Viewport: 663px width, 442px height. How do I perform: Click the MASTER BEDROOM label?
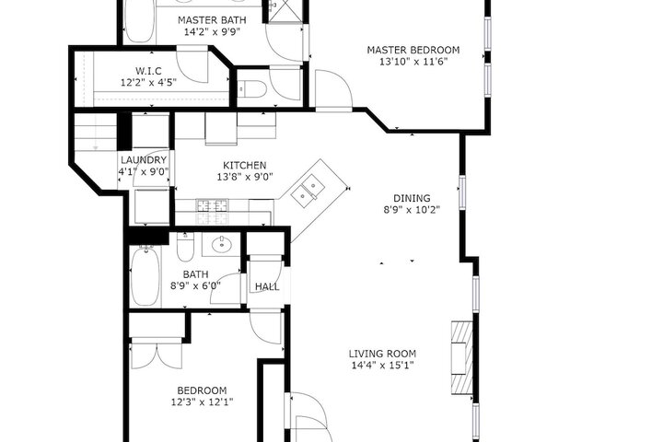(x=413, y=50)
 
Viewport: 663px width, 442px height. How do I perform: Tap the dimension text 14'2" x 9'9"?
(x=213, y=31)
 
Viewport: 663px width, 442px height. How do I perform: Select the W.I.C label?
(x=148, y=71)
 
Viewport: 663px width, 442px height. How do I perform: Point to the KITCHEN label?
(x=245, y=166)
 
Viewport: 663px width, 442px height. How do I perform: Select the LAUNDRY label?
(x=144, y=160)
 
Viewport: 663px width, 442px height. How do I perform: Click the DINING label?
(x=412, y=198)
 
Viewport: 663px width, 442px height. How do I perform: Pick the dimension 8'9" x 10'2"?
(x=412, y=209)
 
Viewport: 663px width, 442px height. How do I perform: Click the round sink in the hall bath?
(x=221, y=244)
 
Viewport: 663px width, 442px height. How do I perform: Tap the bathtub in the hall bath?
(x=145, y=275)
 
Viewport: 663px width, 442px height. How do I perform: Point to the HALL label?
(x=267, y=286)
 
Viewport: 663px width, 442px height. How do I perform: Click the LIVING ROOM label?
(x=382, y=354)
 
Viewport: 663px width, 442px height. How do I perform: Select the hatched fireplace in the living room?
(x=461, y=358)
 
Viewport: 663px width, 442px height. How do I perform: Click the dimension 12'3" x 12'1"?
(x=202, y=401)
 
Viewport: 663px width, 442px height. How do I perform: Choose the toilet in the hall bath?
(x=185, y=248)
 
